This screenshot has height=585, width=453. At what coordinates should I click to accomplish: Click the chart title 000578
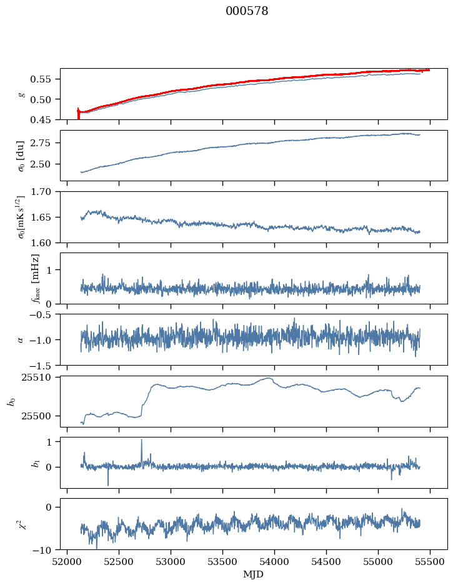(247, 11)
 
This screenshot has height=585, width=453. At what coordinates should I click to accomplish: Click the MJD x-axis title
(253, 574)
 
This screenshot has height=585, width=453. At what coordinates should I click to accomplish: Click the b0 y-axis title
(12, 401)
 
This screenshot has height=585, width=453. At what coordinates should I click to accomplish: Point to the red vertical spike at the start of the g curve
(78, 113)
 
